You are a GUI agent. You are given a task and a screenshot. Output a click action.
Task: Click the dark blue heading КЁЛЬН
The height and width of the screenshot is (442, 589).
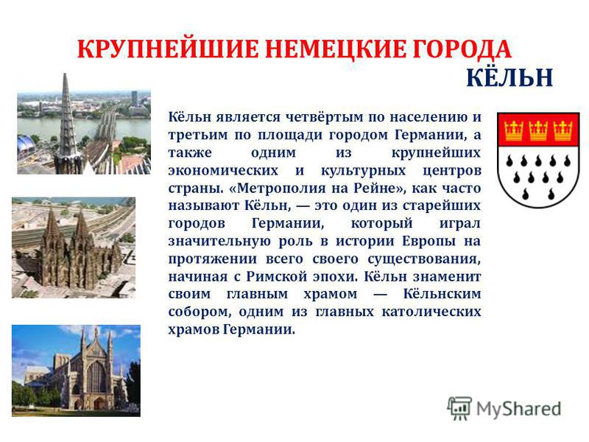(509, 77)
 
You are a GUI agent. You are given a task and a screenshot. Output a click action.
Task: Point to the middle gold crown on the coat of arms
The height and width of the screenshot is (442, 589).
(538, 131)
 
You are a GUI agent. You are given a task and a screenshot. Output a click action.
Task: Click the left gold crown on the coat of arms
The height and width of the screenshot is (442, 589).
(513, 131)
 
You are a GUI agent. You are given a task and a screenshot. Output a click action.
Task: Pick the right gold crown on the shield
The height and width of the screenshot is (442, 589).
(562, 131)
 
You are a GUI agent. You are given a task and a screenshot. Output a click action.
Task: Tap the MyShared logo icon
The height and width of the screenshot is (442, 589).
(459, 408)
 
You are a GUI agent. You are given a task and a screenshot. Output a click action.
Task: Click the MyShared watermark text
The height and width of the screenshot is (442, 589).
(519, 409)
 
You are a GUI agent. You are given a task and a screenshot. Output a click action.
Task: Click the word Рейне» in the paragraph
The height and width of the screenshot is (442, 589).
(389, 188)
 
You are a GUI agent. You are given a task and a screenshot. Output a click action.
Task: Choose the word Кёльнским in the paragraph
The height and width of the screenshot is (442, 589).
(442, 293)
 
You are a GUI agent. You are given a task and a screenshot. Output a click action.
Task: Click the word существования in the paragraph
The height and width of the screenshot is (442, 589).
(424, 259)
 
